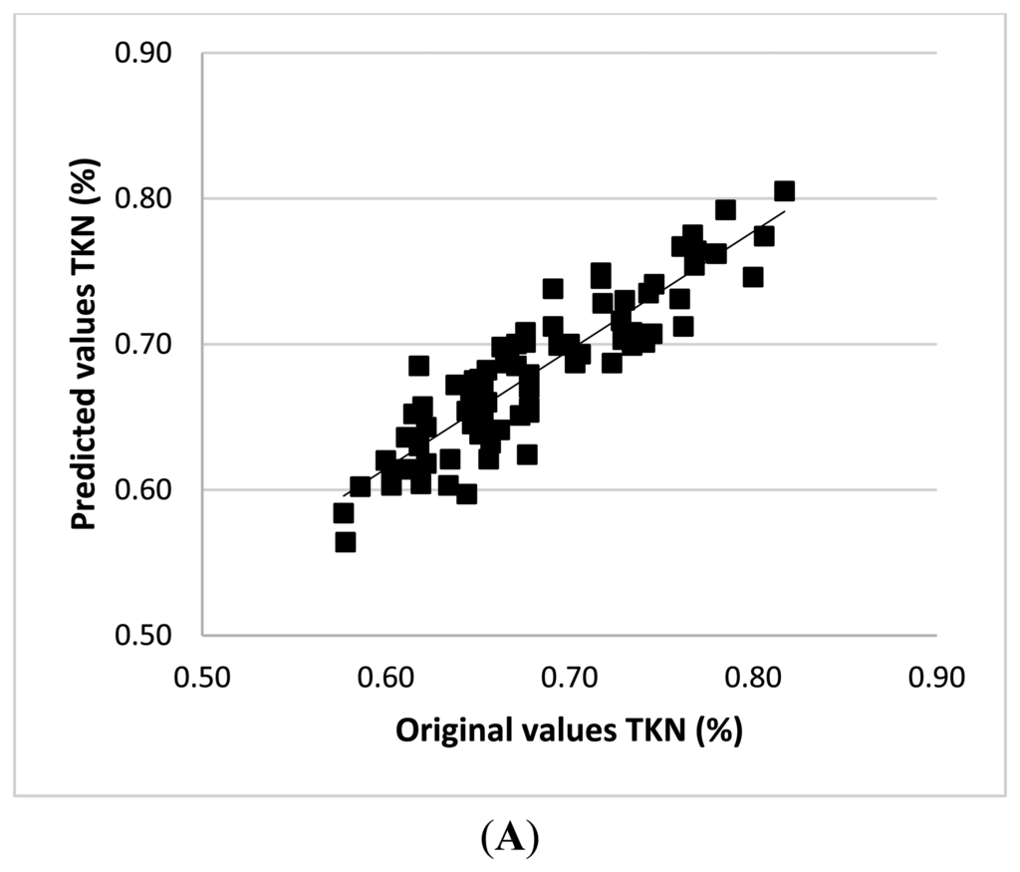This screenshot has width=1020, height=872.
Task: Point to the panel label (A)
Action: click(x=509, y=839)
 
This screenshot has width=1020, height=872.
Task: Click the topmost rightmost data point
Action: click(x=784, y=191)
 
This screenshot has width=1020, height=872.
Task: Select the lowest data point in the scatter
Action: click(x=346, y=542)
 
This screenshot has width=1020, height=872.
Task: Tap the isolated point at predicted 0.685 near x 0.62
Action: click(x=418, y=366)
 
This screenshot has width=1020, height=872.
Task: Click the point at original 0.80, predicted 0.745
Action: click(x=753, y=277)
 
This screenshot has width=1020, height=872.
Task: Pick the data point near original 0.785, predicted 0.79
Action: click(x=725, y=210)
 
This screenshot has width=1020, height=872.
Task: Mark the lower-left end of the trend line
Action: click(x=343, y=495)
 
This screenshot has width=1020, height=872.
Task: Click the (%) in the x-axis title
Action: click(x=717, y=730)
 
